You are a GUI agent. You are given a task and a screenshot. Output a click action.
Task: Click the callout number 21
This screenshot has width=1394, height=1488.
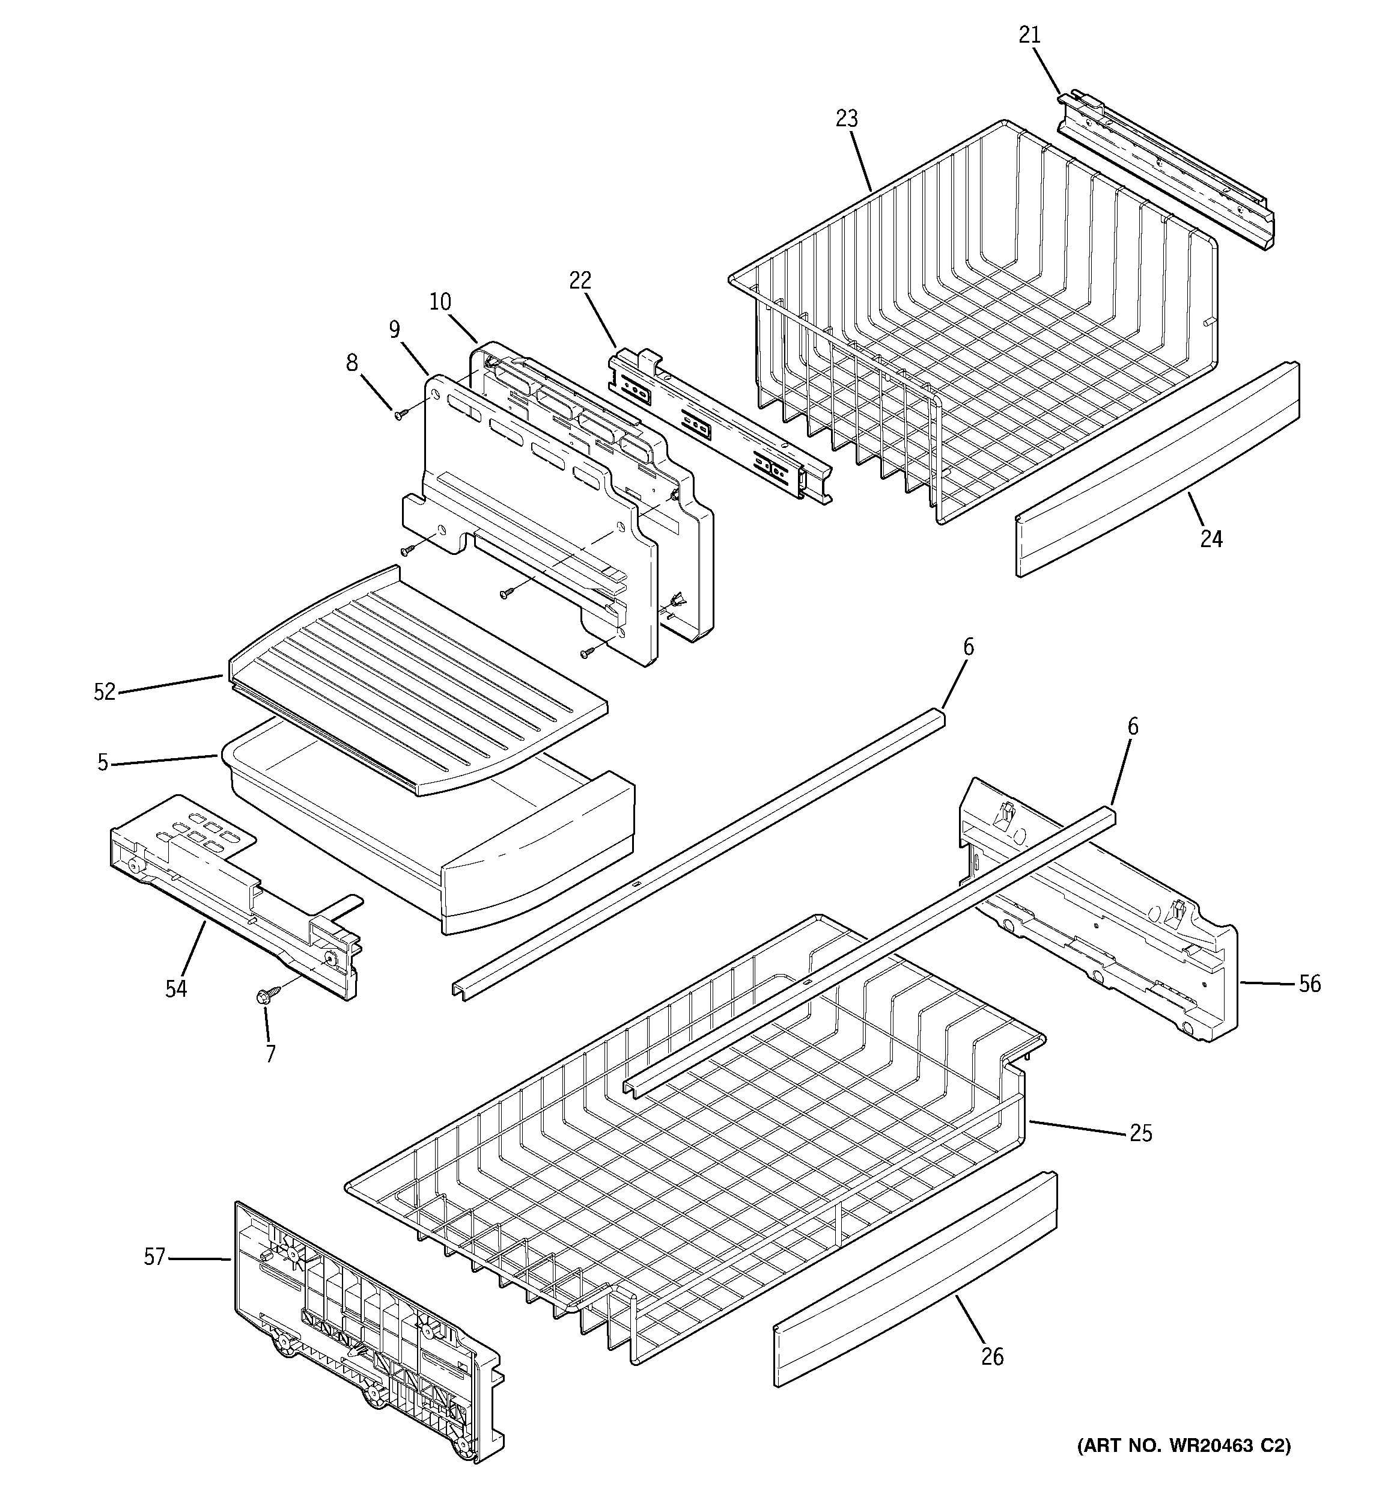1030,35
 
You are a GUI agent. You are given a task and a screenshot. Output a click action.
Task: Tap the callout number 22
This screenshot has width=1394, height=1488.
580,280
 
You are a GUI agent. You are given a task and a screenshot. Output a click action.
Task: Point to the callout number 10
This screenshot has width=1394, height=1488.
440,302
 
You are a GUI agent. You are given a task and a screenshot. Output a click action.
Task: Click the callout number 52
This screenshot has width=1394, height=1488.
105,693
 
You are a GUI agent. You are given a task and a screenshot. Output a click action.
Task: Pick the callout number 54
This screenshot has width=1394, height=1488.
176,989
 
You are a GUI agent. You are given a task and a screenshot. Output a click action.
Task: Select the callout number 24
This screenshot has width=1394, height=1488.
1211,538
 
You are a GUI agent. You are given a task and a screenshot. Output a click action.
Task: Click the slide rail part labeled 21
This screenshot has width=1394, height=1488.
1167,172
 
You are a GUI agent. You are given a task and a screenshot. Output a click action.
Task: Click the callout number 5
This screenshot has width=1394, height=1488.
103,763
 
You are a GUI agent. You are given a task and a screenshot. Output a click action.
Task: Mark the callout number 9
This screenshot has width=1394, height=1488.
394,329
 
